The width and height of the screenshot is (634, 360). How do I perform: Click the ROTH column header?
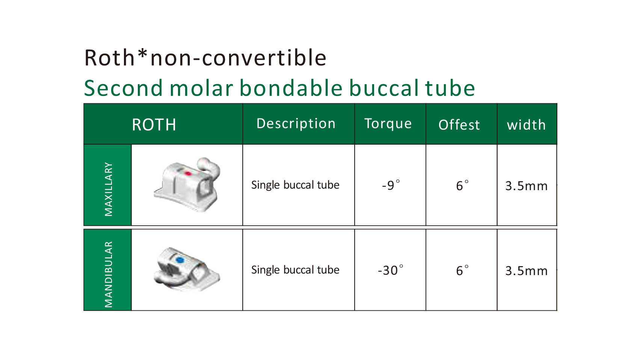154,125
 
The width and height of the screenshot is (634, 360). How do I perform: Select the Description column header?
296,124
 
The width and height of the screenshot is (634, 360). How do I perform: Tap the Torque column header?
388,124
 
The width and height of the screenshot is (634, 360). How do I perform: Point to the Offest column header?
459,125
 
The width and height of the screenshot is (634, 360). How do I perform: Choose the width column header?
527,125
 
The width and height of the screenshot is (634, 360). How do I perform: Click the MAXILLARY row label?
109,189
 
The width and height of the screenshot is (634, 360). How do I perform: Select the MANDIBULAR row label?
109,274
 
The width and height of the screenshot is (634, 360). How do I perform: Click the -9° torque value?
391,185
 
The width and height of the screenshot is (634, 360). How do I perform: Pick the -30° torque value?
391,270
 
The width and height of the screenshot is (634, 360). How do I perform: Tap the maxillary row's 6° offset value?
462,186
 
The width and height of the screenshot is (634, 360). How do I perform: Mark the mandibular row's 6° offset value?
462,271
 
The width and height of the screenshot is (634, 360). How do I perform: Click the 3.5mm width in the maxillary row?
527,186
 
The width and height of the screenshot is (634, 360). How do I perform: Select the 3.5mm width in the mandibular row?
527,271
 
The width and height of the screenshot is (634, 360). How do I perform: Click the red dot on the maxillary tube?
188,173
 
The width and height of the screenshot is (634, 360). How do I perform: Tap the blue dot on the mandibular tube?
180,260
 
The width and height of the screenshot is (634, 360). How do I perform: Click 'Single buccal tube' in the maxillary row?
295,185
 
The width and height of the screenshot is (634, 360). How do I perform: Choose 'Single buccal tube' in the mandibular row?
295,270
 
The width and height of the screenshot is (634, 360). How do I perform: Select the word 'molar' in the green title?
202,88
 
